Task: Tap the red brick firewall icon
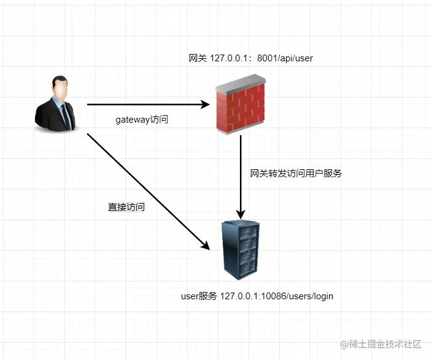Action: pos(240,107)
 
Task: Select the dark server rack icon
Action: pos(240,251)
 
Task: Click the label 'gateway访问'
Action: pos(142,120)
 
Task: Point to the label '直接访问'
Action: pos(126,207)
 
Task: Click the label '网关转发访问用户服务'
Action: pos(296,174)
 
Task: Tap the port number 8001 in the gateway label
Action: pos(266,58)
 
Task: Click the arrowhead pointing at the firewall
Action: pos(206,105)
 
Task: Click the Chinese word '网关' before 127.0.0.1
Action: pos(198,58)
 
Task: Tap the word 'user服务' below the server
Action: pos(199,296)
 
